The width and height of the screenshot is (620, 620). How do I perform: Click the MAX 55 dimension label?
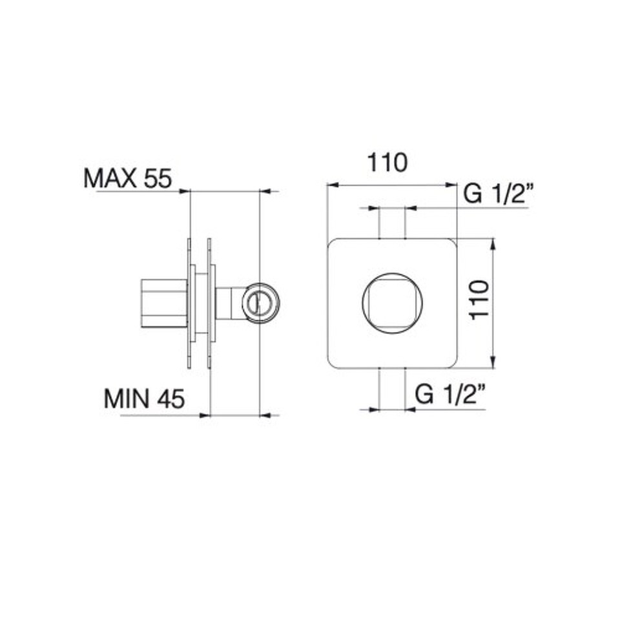128,178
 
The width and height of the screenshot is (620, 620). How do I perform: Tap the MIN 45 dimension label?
144,398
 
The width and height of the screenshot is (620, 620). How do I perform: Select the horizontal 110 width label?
387,162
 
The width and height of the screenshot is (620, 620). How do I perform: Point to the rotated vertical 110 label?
479,300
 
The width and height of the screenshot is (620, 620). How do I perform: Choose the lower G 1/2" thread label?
450,395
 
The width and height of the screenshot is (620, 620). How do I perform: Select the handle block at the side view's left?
164,304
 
